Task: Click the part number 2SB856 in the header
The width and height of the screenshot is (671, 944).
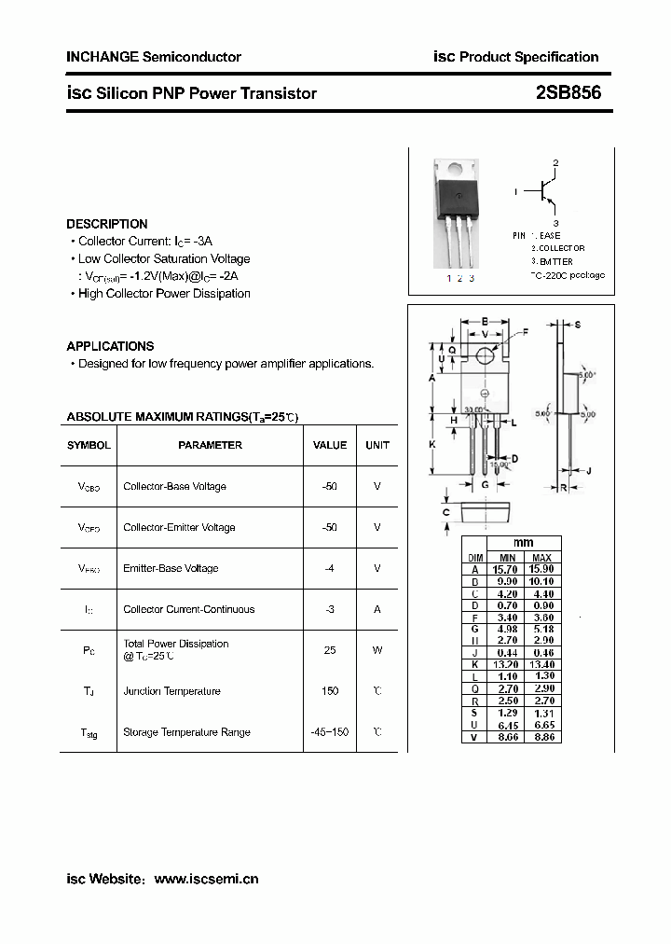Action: (x=568, y=93)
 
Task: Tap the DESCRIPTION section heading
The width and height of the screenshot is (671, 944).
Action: (x=107, y=224)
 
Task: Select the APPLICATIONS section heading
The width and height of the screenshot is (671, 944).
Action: (x=110, y=346)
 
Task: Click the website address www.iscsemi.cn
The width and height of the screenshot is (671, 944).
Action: (x=206, y=879)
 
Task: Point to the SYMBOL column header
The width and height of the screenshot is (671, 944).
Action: (x=89, y=446)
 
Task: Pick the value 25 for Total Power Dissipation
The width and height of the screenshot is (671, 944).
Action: (x=330, y=650)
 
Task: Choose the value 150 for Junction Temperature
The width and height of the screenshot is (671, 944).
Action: (x=330, y=691)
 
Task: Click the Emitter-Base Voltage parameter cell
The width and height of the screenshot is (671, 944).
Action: (x=171, y=568)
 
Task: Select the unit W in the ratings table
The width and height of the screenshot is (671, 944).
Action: (x=377, y=650)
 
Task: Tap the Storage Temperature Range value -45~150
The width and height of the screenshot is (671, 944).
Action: (x=330, y=732)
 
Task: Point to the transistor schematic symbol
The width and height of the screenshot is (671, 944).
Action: (x=545, y=191)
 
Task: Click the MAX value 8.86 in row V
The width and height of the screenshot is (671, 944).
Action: (x=541, y=737)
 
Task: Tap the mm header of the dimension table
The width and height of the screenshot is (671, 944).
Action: (x=524, y=544)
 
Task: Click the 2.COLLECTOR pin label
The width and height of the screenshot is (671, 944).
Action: (x=558, y=248)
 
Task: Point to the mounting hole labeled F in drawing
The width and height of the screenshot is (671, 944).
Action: (x=485, y=355)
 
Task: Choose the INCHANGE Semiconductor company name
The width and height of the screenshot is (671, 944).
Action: (x=154, y=57)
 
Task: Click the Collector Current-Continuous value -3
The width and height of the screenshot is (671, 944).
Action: (x=330, y=609)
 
